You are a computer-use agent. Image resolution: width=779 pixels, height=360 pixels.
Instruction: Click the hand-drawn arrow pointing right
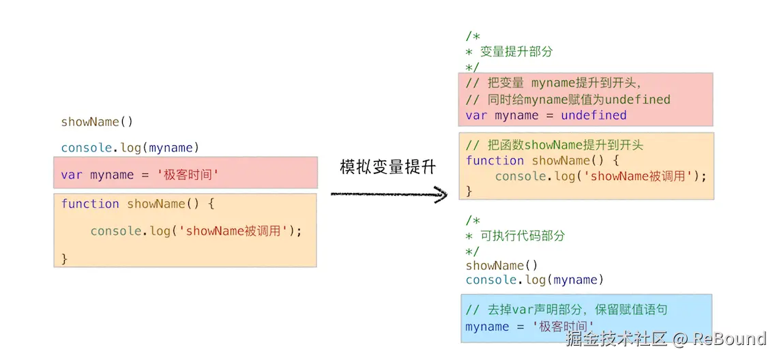click(x=389, y=194)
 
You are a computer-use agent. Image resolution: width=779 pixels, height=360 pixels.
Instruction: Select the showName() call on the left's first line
click(x=98, y=121)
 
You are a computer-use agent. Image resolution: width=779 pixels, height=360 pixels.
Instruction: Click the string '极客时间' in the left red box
click(x=188, y=175)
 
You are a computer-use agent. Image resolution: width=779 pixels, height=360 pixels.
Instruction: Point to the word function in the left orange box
click(x=90, y=204)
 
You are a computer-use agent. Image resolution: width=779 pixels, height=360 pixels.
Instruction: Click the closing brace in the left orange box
click(x=64, y=258)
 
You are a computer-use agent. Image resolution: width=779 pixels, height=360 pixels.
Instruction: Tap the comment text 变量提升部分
click(x=516, y=52)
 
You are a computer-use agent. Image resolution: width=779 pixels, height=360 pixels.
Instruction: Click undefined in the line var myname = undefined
click(x=593, y=116)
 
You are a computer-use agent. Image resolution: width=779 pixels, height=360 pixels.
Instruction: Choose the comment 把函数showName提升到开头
click(x=555, y=145)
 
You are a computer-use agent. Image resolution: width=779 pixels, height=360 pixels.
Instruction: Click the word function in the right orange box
click(x=495, y=161)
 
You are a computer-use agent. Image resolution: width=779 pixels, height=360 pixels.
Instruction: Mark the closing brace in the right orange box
click(x=469, y=191)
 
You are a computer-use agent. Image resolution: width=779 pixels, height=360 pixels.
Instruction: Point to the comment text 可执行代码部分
click(x=523, y=236)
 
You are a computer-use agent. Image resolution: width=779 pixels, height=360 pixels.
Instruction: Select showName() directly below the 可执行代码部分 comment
click(x=502, y=266)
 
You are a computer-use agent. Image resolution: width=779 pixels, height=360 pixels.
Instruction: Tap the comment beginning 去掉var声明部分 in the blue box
click(x=566, y=310)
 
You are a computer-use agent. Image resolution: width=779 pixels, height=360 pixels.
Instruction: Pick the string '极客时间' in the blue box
click(x=564, y=326)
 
